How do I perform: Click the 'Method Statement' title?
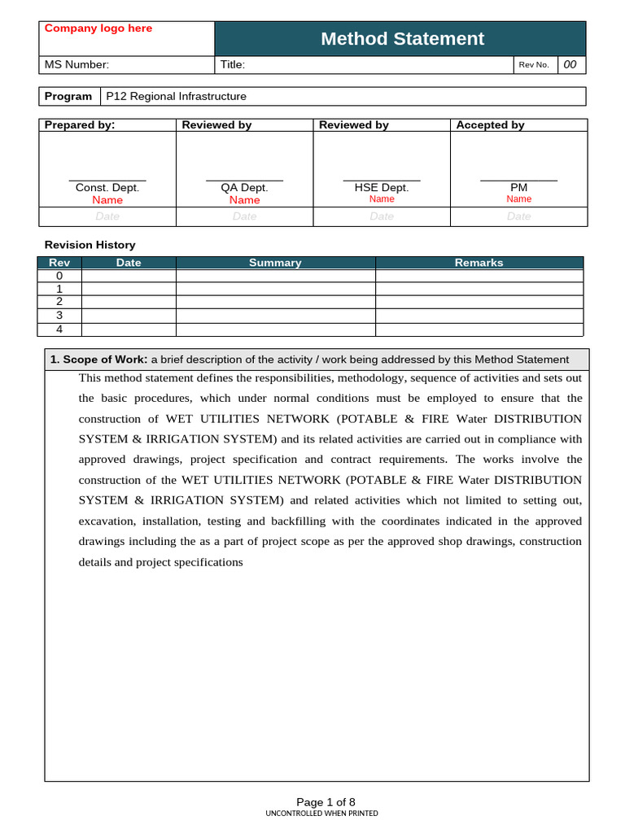point(402,38)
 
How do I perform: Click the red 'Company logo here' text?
point(98,28)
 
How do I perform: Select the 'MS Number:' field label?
point(76,65)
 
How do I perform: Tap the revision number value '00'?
point(570,65)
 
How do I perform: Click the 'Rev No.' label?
point(534,65)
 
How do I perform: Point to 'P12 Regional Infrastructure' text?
point(176,96)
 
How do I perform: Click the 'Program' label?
point(68,96)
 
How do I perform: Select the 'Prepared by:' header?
point(80,124)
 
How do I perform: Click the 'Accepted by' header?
point(490,124)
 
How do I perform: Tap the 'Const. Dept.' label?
point(107,187)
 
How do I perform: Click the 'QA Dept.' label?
point(244,187)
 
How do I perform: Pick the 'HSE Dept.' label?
point(382,187)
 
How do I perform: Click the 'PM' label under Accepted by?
point(518,187)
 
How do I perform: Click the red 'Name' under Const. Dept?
point(107,200)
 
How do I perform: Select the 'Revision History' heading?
point(90,245)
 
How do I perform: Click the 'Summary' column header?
point(275,263)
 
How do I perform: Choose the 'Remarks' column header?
point(479,263)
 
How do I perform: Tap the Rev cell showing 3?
point(59,315)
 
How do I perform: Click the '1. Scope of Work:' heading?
point(98,360)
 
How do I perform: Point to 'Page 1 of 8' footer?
point(326,801)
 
